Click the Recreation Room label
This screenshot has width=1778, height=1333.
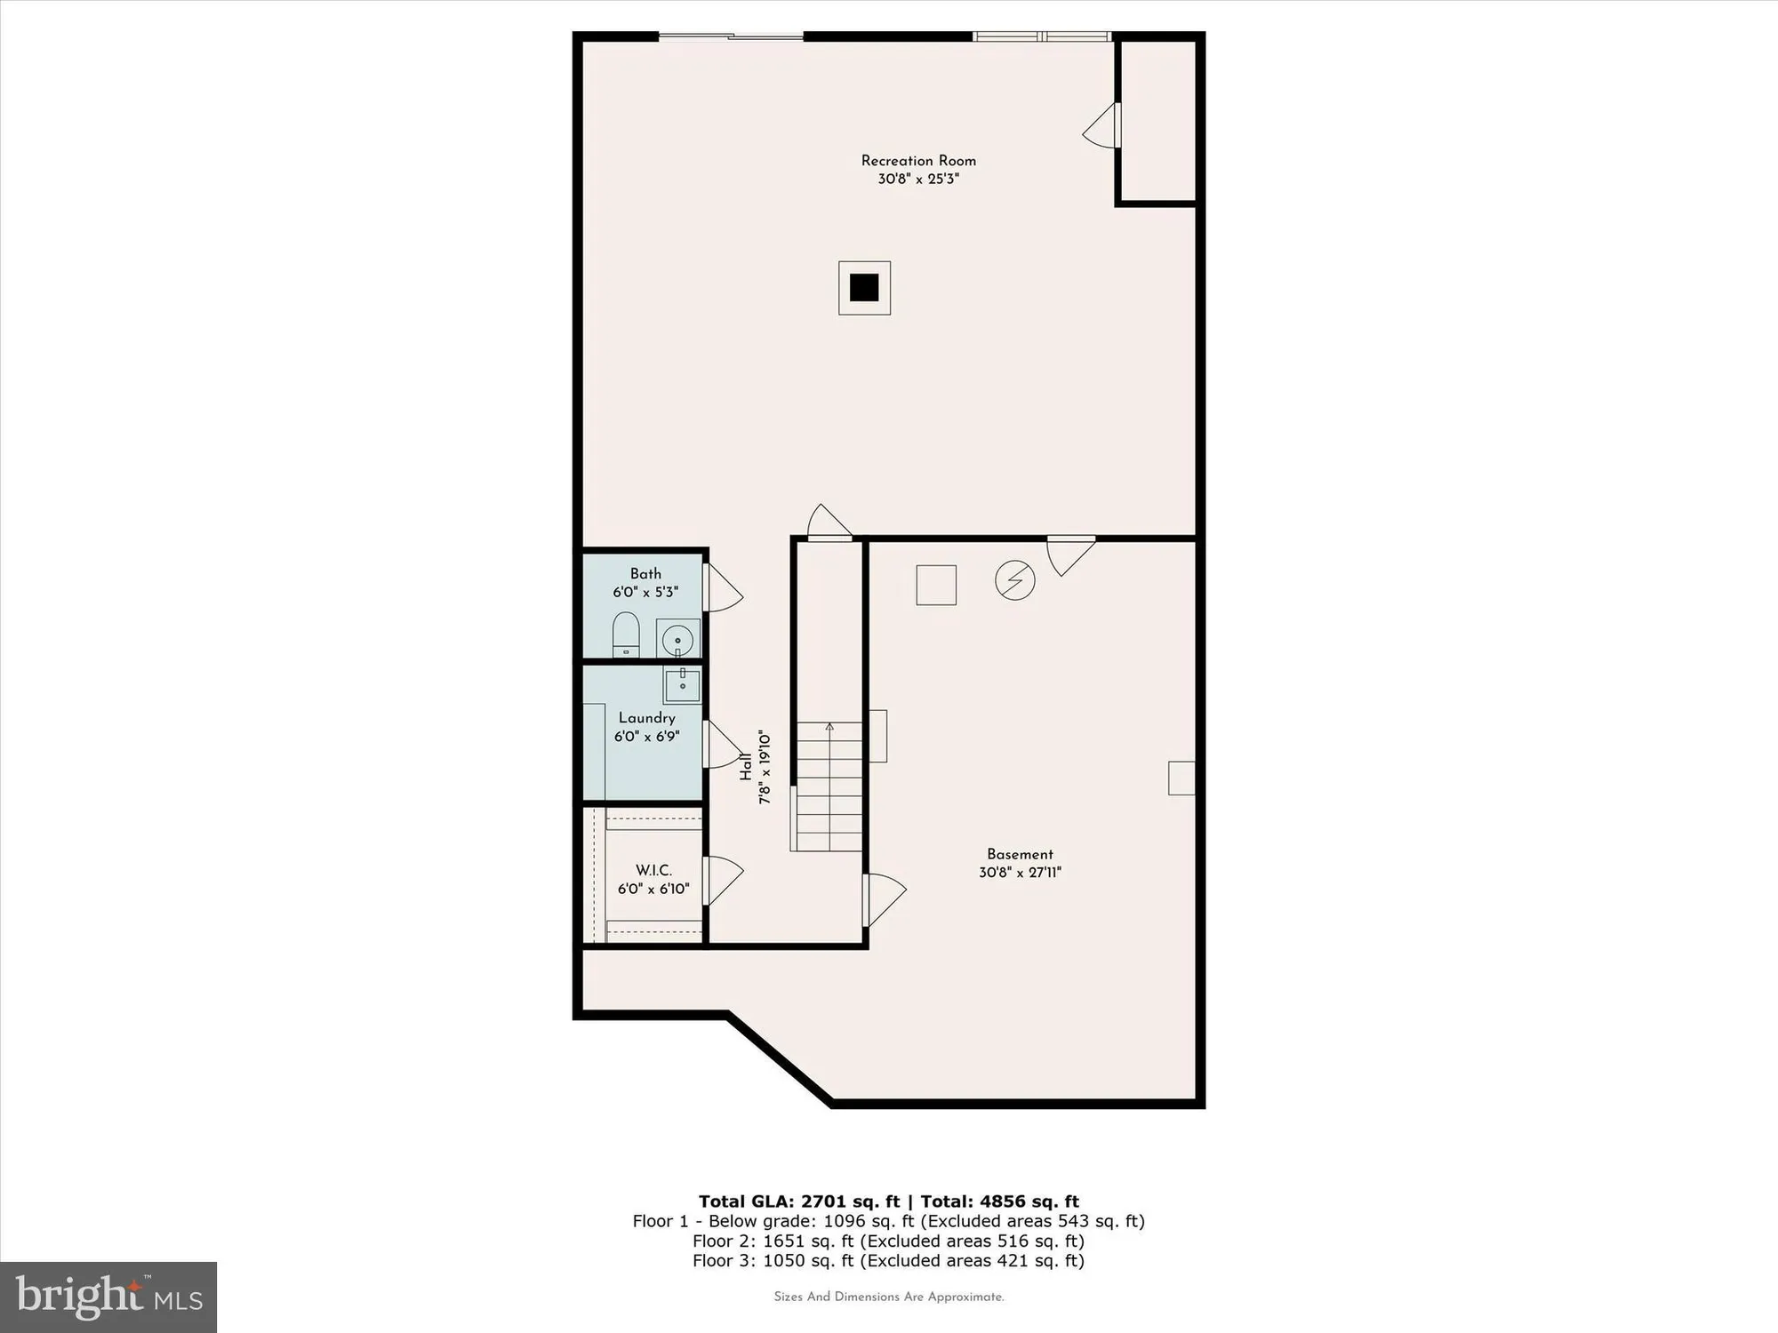(x=918, y=161)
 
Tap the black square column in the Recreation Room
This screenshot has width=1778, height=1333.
(x=864, y=288)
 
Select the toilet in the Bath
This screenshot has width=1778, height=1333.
(x=626, y=634)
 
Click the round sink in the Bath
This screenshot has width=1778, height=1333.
(x=678, y=639)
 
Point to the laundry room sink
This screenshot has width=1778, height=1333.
(x=682, y=685)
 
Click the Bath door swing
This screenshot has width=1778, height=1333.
(x=724, y=587)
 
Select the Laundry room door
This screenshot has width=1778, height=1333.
(x=724, y=745)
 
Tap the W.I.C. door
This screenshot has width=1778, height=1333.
(x=724, y=881)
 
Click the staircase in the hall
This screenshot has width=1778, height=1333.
(x=829, y=786)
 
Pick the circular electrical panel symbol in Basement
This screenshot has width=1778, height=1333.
(x=1014, y=580)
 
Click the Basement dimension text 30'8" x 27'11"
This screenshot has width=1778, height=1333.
(x=1020, y=873)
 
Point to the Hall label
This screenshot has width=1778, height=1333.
(x=746, y=767)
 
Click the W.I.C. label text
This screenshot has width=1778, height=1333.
(x=653, y=871)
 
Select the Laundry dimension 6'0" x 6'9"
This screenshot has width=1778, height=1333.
(x=647, y=737)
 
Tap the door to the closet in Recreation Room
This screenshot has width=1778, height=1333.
(x=1101, y=125)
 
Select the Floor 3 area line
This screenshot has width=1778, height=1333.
(x=889, y=1261)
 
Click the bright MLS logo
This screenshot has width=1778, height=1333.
(x=108, y=1297)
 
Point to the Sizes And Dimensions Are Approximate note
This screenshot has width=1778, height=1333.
(x=889, y=1297)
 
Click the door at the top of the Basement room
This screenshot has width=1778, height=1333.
(x=1071, y=555)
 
